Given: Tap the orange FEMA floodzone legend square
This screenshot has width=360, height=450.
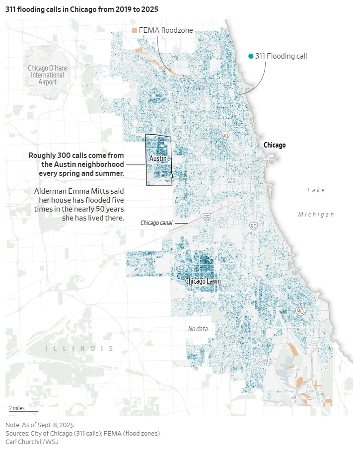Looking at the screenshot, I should [134, 30].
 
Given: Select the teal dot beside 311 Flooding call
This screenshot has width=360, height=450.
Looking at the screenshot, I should [251, 56].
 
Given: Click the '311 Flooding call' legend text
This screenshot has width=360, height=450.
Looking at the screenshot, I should [281, 56].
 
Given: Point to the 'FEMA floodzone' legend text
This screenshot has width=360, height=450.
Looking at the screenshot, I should [165, 30].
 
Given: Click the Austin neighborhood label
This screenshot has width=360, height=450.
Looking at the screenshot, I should [157, 158].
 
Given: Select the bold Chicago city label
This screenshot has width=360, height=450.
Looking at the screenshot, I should [274, 145].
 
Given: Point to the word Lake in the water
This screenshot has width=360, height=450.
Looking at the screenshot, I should [316, 190].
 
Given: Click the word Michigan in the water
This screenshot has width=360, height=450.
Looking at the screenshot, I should [316, 215].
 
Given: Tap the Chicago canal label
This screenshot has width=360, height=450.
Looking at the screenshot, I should [156, 223].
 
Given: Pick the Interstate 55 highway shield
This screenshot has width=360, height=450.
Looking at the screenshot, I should [207, 217].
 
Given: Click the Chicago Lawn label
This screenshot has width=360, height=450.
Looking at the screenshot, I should [203, 281].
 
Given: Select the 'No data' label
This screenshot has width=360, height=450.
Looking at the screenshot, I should [198, 329].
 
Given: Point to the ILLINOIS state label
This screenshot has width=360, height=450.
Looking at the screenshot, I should [79, 349].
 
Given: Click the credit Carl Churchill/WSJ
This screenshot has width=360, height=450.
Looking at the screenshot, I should [32, 442].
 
